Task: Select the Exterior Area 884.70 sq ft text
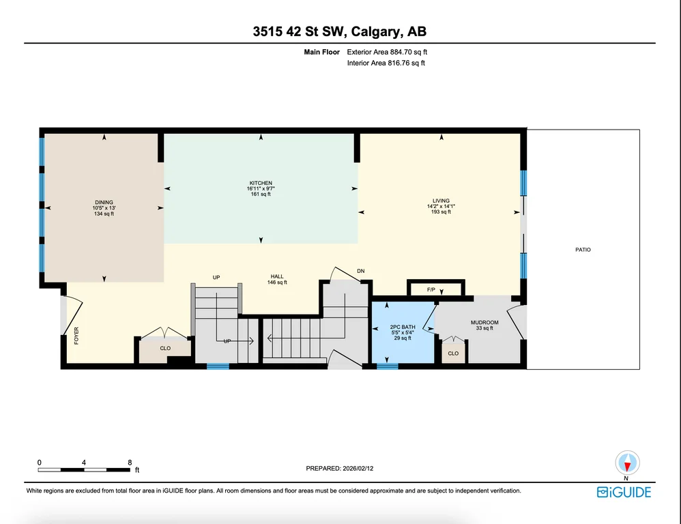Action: point(387,52)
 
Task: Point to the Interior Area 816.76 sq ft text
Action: point(386,63)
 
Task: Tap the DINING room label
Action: point(104,203)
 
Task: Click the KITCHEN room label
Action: point(261,184)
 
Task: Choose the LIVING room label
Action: point(441,201)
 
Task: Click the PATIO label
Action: point(583,250)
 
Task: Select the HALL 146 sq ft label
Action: point(277,279)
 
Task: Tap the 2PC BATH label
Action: point(403,327)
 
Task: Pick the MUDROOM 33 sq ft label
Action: point(484,325)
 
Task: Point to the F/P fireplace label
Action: point(431,289)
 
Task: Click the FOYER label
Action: point(76,336)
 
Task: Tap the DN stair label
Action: point(360,271)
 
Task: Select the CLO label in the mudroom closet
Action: point(453,353)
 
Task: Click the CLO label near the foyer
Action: point(165,348)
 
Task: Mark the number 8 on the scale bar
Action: point(130,463)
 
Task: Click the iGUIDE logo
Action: point(624,492)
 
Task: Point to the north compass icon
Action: point(627,463)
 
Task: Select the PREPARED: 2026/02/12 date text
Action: point(340,469)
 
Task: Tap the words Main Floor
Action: point(322,52)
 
